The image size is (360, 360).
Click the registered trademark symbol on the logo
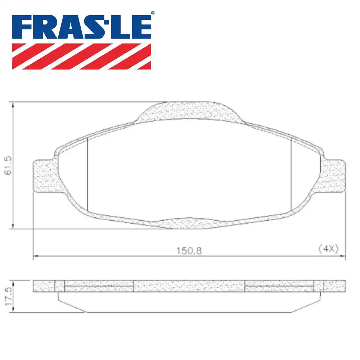click(152, 13)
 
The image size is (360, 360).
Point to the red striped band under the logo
click(82, 56)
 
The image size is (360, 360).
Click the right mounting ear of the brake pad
click(334, 176)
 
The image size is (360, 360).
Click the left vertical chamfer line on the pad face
click(88, 175)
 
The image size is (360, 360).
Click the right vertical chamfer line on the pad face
click(291, 175)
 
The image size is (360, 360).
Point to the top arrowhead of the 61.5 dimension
click(13, 105)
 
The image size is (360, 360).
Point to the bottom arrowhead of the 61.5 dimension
click(13, 226)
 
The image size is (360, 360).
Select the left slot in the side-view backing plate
click(99, 287)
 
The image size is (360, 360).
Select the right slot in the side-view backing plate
click(279, 287)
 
